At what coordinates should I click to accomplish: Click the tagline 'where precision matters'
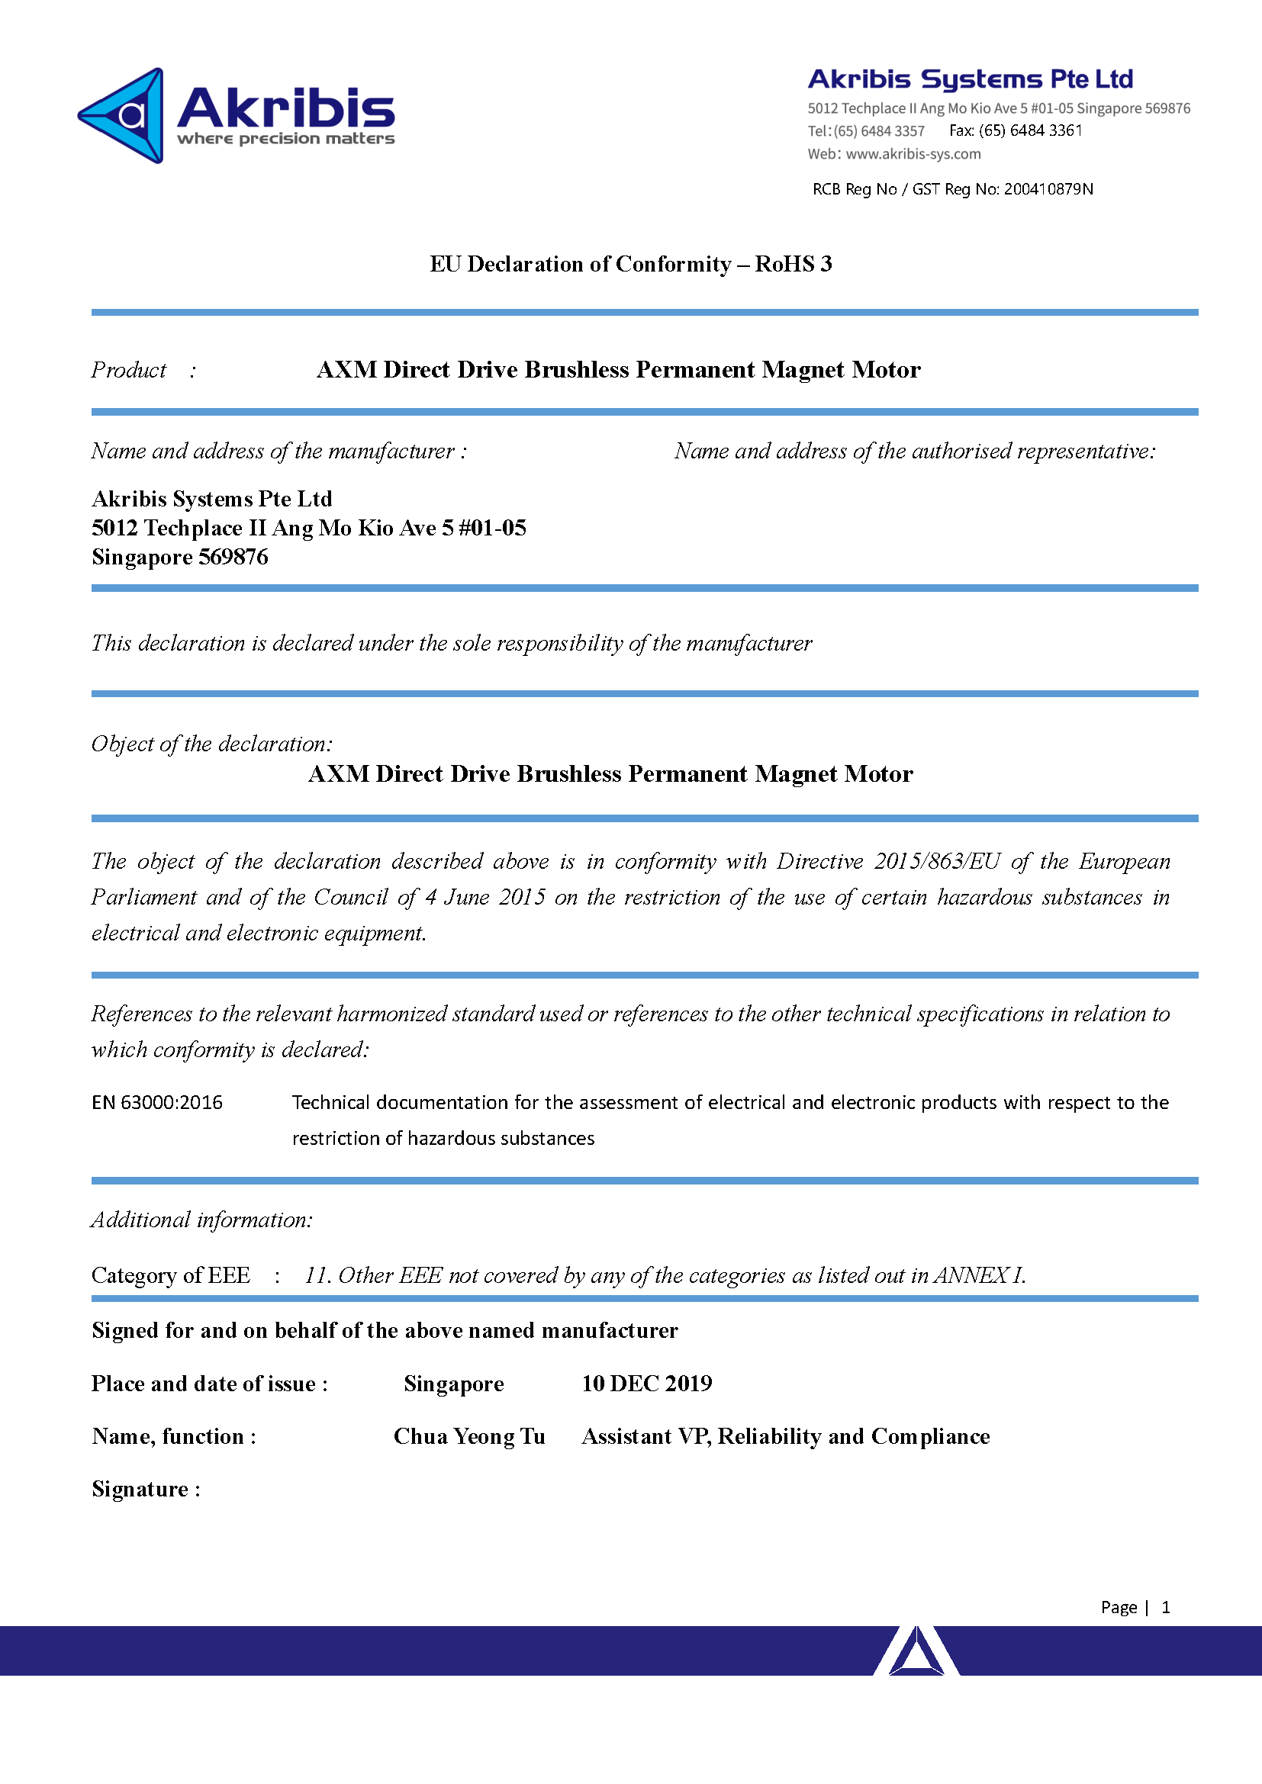click(x=286, y=139)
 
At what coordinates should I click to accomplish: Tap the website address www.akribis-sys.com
click(x=913, y=154)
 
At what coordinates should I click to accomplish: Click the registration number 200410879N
click(x=1048, y=189)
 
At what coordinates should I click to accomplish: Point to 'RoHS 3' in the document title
click(x=794, y=264)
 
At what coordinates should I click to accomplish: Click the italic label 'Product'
click(x=129, y=370)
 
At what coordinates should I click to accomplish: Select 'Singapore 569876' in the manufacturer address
click(x=180, y=557)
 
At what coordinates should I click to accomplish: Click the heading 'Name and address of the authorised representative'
click(x=915, y=451)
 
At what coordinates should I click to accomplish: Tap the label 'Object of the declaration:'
click(x=212, y=744)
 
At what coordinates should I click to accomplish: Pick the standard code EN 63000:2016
click(x=157, y=1102)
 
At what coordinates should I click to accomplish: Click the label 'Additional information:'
click(x=202, y=1220)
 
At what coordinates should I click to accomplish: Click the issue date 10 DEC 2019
click(x=646, y=1383)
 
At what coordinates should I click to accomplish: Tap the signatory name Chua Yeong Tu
click(x=469, y=1436)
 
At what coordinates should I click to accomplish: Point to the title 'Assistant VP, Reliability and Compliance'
click(x=786, y=1436)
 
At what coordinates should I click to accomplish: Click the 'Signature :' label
click(x=146, y=1489)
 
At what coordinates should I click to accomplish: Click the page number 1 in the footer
click(x=1166, y=1607)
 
